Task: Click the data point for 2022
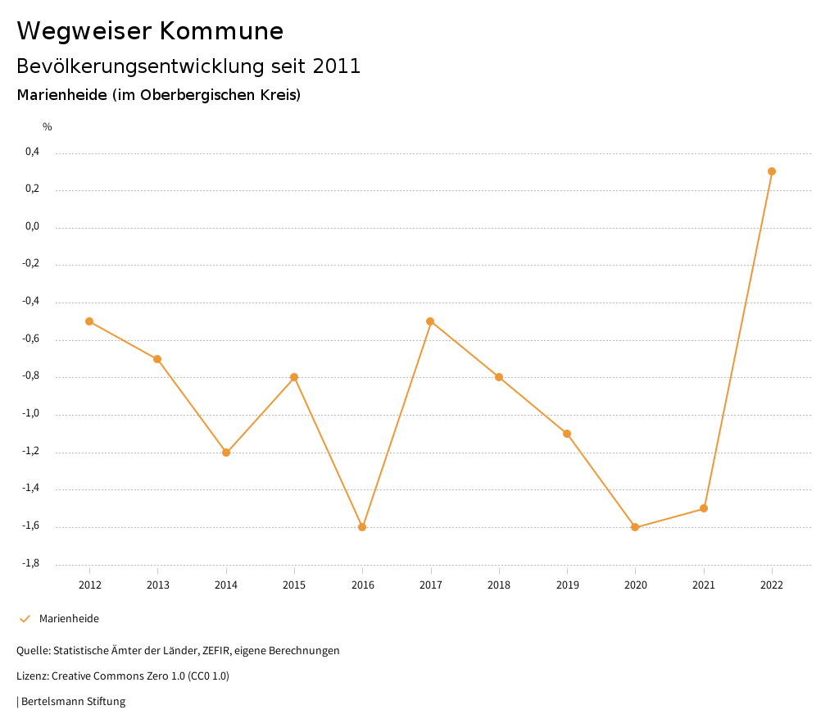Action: [772, 171]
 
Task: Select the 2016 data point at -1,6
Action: [362, 527]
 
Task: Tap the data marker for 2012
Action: [89, 321]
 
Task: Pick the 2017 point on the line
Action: [430, 321]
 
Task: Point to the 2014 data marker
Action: [226, 453]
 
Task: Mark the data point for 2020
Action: [635, 527]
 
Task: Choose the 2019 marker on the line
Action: [567, 434]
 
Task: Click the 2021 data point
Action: [704, 508]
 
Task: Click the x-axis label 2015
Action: [294, 585]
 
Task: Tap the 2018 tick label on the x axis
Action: [499, 585]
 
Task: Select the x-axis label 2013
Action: [158, 585]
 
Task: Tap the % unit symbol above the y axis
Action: [48, 127]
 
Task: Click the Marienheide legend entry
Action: [69, 619]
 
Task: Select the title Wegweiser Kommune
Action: [150, 31]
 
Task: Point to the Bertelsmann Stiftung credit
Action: [73, 702]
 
